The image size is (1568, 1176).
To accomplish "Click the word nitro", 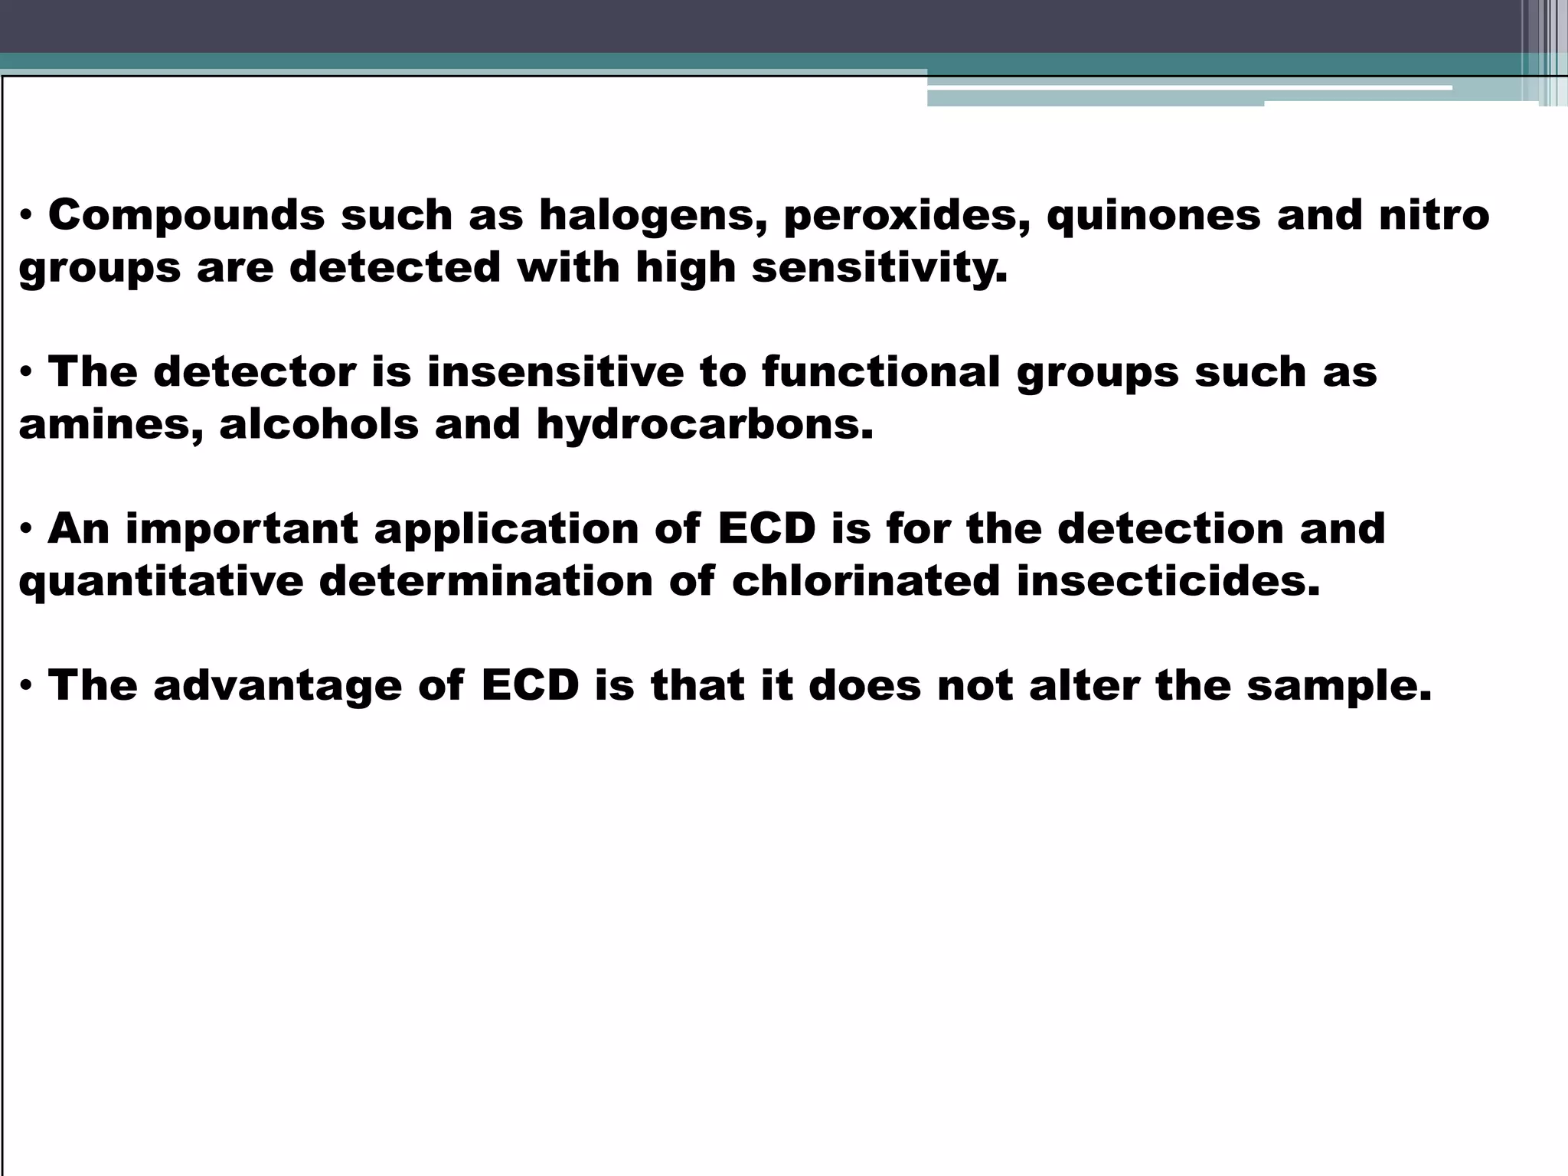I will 1434,215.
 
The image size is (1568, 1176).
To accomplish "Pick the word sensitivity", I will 879,269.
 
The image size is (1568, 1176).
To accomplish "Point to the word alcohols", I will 318,425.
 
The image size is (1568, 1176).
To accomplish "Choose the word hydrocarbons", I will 704,425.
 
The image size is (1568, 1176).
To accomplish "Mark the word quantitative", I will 161,582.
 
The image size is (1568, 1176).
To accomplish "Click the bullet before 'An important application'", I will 26,530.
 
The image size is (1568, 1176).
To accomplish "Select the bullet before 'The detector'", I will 26,373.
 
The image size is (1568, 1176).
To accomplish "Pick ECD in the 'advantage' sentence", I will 530,686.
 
